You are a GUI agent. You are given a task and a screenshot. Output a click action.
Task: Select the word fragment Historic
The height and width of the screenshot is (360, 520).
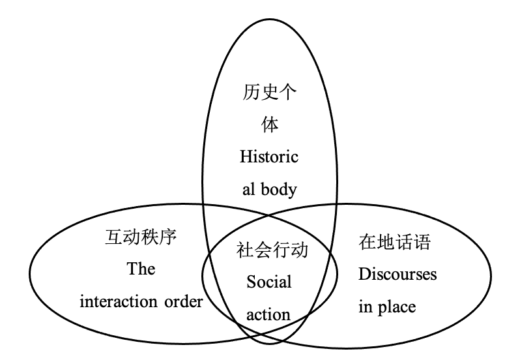[269, 157]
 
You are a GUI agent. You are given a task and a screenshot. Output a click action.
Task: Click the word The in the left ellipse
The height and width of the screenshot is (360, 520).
[141, 269]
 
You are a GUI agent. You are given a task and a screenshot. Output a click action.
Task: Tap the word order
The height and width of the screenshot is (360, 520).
[184, 302]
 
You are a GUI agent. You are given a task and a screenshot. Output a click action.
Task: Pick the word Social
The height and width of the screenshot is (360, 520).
[269, 282]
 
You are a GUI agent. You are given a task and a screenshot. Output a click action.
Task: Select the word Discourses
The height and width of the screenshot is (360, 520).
[397, 274]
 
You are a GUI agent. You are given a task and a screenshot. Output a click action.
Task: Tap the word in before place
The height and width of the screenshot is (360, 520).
[365, 306]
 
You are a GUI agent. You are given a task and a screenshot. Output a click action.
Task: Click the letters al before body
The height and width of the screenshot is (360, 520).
[248, 189]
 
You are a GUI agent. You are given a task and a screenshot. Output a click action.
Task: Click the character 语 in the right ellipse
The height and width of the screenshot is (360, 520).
[422, 243]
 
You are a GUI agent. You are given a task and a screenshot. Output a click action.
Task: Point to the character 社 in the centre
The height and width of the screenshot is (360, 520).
[244, 250]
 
